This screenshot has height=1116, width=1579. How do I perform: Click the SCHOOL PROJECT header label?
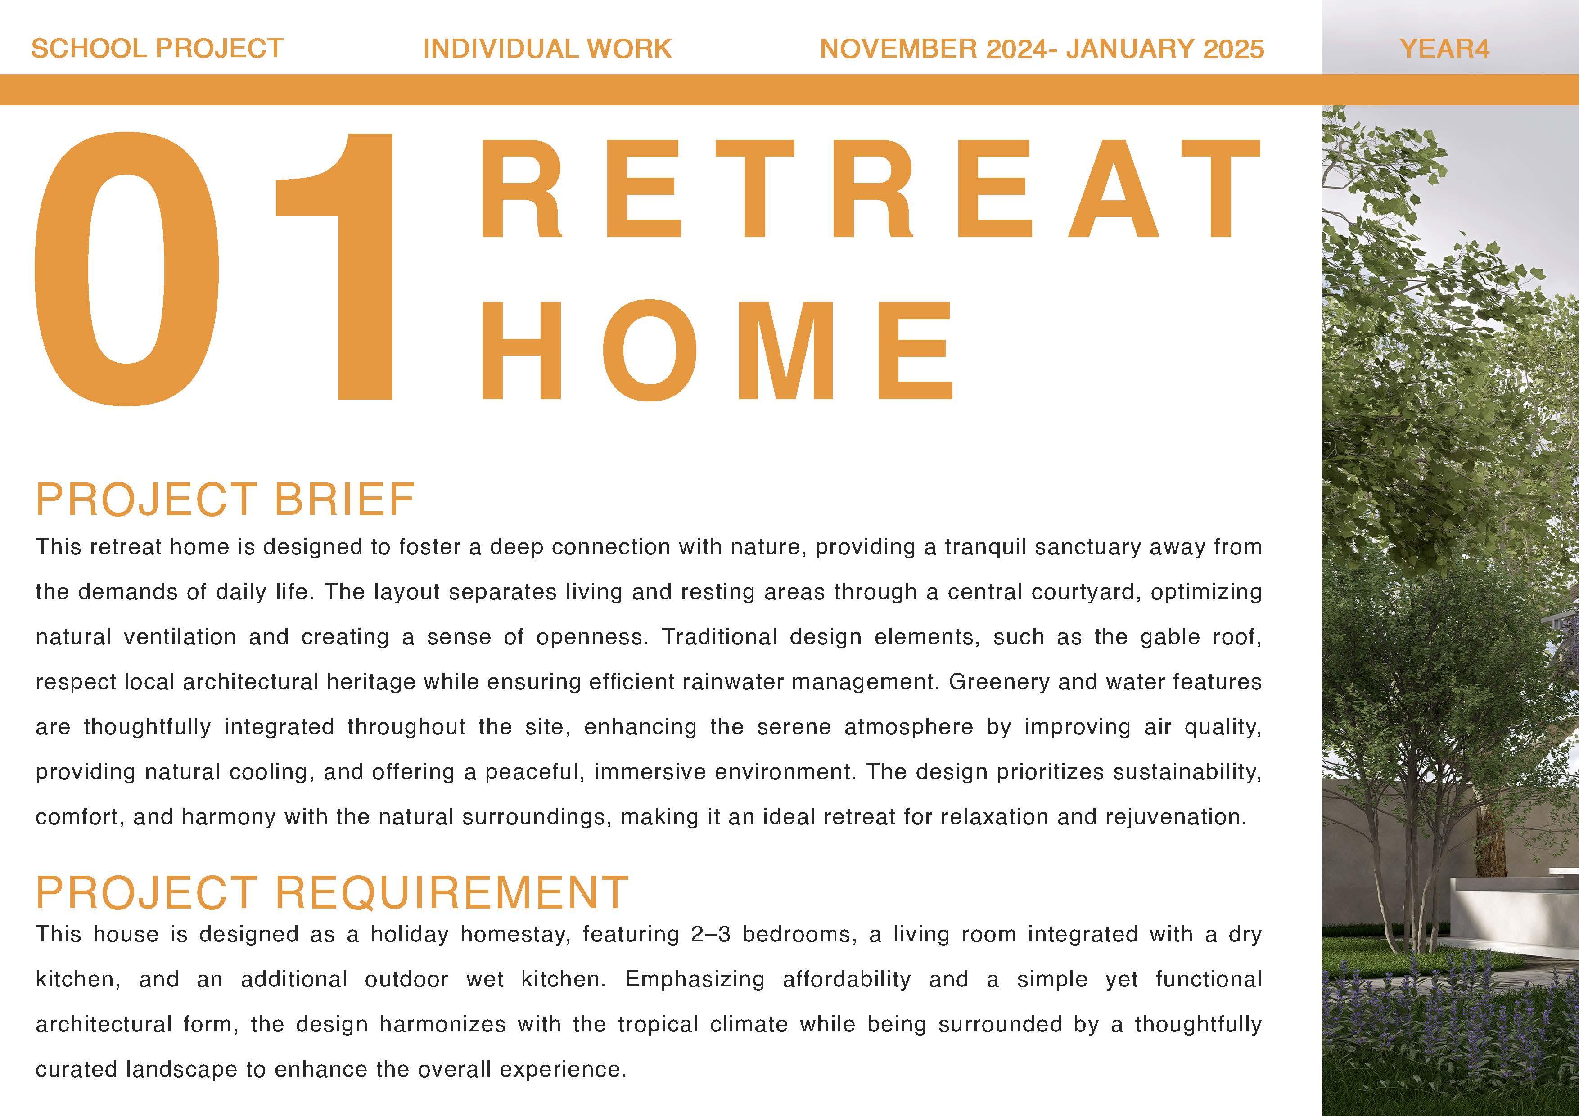click(x=158, y=49)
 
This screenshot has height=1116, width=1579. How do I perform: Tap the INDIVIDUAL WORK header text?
click(x=547, y=49)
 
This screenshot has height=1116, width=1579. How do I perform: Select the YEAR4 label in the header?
click(x=1444, y=49)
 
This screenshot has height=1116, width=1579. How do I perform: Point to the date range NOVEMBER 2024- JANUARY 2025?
click(x=1042, y=49)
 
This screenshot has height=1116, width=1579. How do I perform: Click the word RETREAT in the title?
click(x=870, y=189)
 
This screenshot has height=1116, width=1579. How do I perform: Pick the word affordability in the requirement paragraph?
click(x=847, y=980)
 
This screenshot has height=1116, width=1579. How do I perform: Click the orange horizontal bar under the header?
click(x=789, y=90)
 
